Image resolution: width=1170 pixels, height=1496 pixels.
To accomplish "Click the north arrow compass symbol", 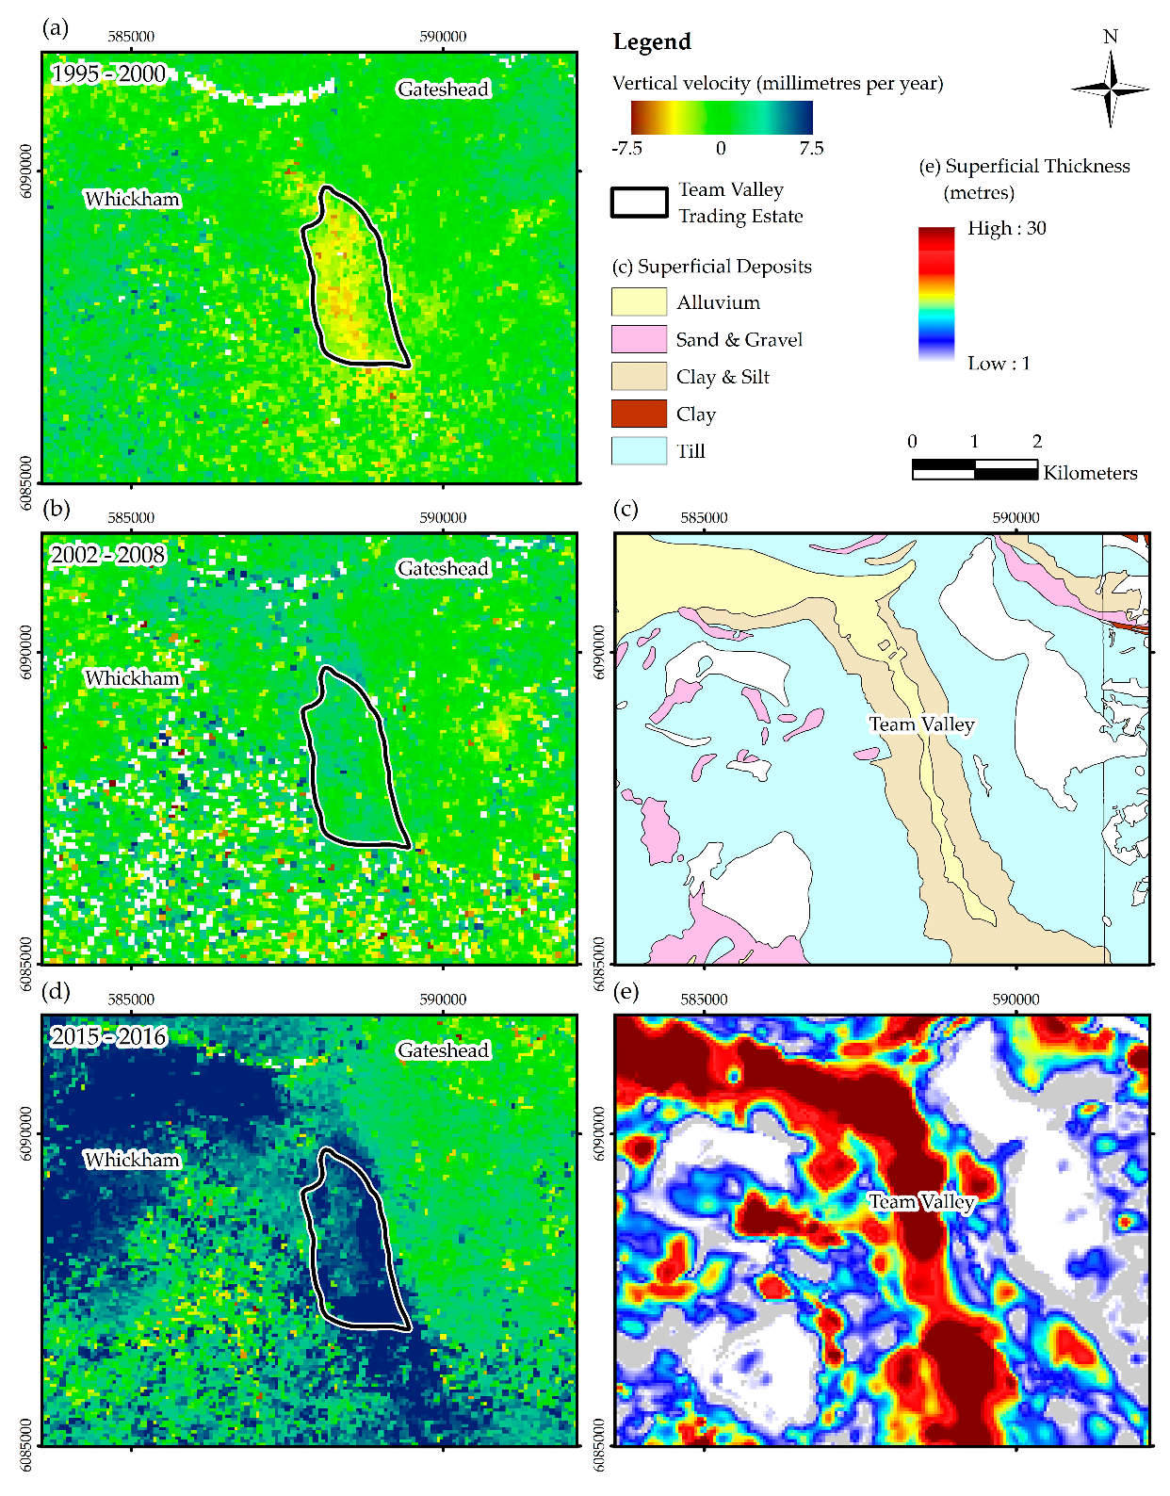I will click(x=1110, y=89).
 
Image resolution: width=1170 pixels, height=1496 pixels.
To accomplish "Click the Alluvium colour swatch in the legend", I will click(x=639, y=301).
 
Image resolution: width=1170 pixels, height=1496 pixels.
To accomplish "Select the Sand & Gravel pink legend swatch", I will click(x=639, y=339).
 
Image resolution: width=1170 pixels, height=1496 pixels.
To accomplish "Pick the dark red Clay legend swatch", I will click(x=639, y=414).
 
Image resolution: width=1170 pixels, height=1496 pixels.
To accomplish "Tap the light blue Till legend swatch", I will click(x=639, y=450).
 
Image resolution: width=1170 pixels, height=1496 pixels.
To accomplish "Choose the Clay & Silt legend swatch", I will click(x=639, y=376).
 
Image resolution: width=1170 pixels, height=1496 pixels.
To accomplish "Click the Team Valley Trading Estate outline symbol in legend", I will click(x=639, y=203).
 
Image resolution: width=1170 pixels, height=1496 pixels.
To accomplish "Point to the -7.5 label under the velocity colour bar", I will click(x=626, y=148).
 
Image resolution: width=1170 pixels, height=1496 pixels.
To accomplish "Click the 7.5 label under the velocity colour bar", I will click(x=811, y=148).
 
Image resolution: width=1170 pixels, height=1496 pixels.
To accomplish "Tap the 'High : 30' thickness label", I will click(x=1006, y=228).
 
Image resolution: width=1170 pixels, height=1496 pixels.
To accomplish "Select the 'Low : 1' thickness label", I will click(x=999, y=363).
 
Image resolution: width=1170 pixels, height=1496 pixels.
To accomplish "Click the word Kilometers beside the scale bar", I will click(x=1090, y=473).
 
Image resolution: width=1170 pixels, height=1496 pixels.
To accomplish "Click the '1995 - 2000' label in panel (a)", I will click(x=108, y=73).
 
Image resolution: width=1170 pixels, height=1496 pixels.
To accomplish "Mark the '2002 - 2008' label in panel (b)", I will click(x=108, y=554).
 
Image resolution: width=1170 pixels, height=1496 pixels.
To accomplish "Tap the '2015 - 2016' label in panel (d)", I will click(x=108, y=1036).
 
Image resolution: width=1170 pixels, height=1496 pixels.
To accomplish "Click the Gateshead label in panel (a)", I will click(x=443, y=89).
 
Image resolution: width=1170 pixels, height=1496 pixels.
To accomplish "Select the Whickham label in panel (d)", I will click(x=132, y=1160).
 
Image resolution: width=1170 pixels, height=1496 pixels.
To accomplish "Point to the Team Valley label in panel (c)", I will click(x=920, y=724).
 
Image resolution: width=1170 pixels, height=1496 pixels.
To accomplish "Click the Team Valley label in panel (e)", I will click(x=920, y=1201).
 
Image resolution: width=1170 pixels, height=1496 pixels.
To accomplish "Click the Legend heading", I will click(x=652, y=41).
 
